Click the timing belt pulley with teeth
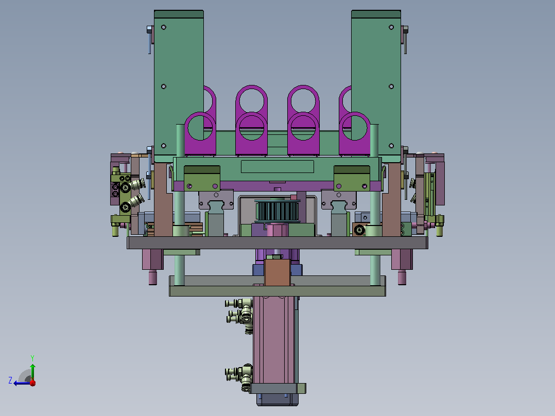pos(277,211)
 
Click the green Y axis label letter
pos(32,358)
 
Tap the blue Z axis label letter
pos(10,380)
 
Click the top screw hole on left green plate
pos(164,27)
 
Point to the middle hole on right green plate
pos(391,86)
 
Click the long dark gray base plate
pos(277,243)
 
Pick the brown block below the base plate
pos(277,272)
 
